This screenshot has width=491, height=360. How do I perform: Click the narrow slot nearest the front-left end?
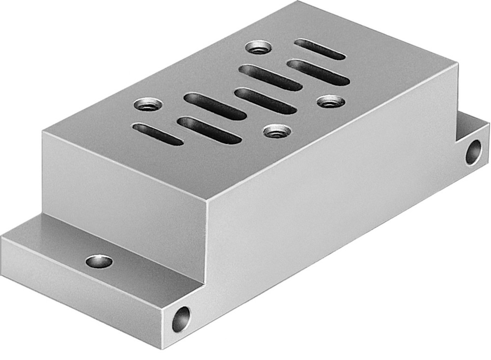pyautogui.click(x=158, y=134)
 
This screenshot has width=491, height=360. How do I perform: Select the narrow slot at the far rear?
pyautogui.click(x=320, y=49)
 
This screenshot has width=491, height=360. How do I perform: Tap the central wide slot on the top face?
pyautogui.click(x=265, y=100)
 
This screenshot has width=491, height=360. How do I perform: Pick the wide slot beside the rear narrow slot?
pyautogui.click(x=319, y=72)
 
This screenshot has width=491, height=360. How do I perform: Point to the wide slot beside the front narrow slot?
pyautogui.click(x=210, y=130)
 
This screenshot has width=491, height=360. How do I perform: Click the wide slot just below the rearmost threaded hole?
pyautogui.click(x=270, y=77)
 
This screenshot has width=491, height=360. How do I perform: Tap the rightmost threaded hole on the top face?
pyautogui.click(x=328, y=102)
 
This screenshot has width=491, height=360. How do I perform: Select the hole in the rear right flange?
pyautogui.click(x=473, y=152)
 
